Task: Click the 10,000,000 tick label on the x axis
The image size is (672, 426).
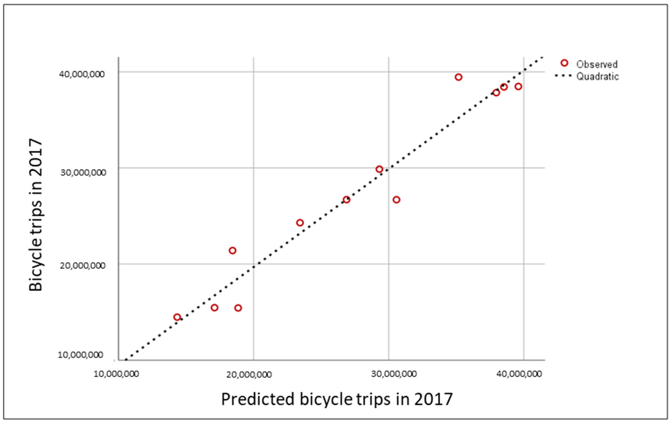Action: [x=116, y=374]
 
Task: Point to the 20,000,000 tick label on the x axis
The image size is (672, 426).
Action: [x=249, y=374]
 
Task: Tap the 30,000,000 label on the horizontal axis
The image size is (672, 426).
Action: [x=394, y=374]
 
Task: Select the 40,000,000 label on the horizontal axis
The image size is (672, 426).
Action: [x=519, y=374]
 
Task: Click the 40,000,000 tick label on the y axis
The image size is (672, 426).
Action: [x=82, y=74]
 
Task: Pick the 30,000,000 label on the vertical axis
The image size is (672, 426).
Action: [x=83, y=173]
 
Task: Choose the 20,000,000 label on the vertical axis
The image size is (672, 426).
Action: [x=83, y=265]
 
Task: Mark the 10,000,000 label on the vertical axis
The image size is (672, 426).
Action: [x=81, y=355]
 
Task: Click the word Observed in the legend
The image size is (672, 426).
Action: [x=597, y=64]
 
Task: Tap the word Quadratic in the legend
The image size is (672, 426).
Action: [x=597, y=76]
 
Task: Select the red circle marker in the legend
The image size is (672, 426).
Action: [x=564, y=63]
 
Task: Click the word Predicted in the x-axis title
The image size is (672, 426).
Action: [x=258, y=399]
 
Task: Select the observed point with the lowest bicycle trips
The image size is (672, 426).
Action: [x=177, y=317]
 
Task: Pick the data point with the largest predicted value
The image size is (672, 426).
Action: [x=518, y=86]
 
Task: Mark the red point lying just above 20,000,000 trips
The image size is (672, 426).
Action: [x=232, y=251]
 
